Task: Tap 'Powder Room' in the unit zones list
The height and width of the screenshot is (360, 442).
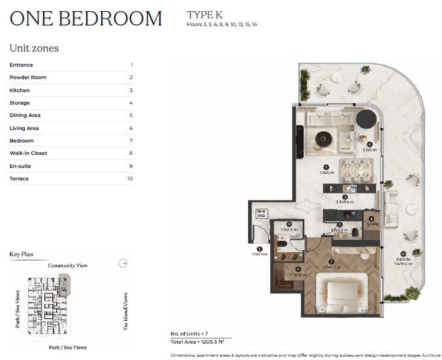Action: coord(28,78)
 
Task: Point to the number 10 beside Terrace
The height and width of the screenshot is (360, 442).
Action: coord(130,178)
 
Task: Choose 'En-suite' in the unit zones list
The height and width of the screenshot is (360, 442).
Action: coord(20,166)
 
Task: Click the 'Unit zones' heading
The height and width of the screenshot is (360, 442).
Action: coord(34,48)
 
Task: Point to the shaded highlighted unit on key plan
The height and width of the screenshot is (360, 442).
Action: coord(63,284)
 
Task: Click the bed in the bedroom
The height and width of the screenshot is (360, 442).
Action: coord(340,292)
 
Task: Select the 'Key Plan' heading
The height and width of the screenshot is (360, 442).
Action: coord(22,254)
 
